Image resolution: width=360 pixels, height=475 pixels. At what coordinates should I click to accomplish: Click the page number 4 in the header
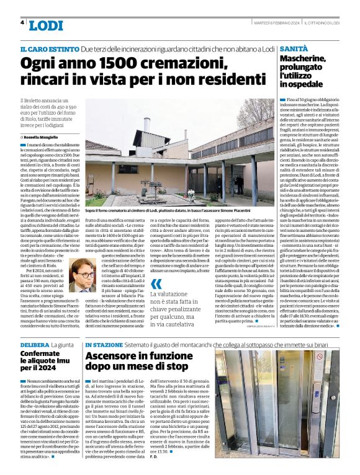(x=22, y=22)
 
